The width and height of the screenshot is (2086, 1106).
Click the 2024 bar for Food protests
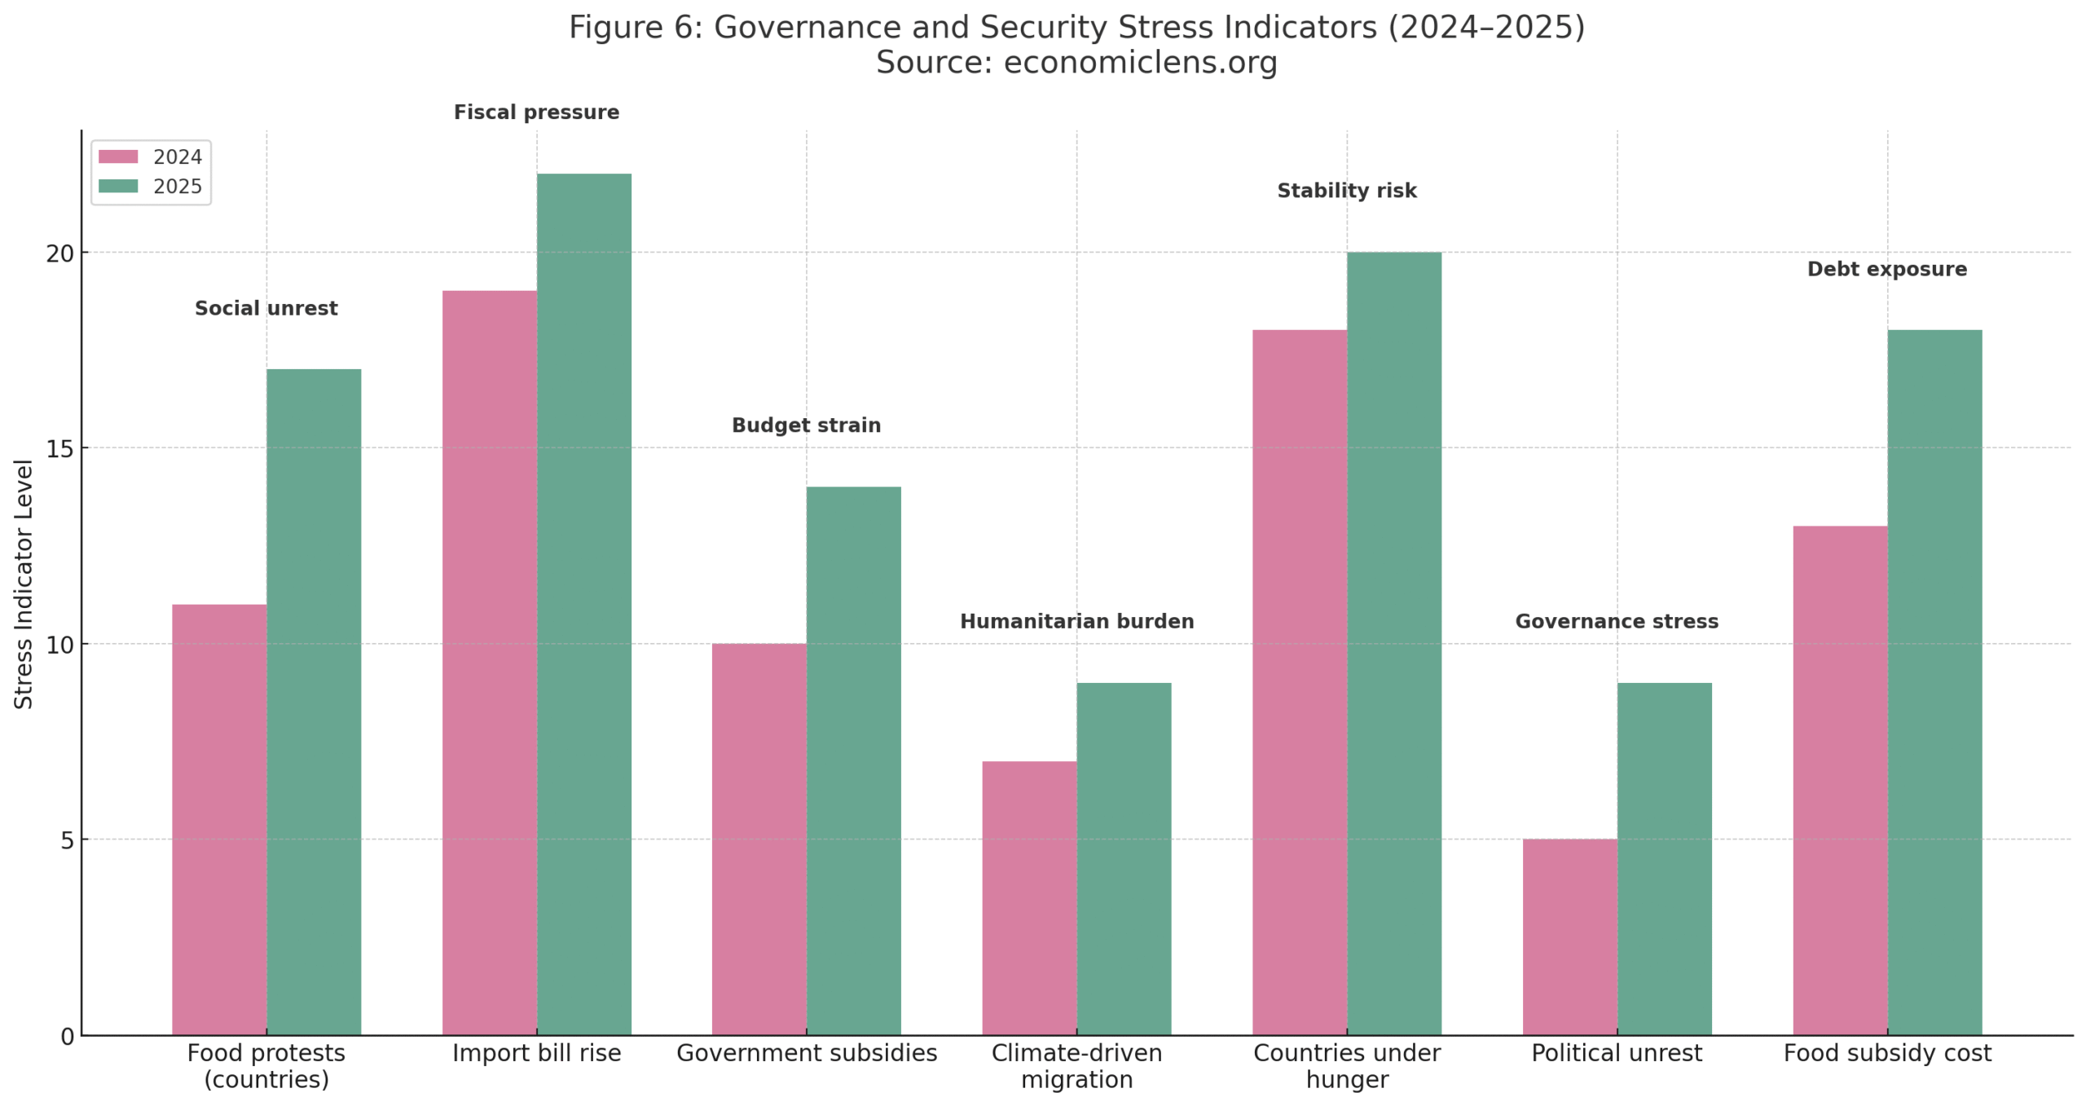219,819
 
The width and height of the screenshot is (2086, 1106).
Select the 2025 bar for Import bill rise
583,603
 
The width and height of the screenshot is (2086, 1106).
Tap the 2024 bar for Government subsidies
759,839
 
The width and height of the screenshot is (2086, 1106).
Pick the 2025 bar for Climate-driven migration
1124,858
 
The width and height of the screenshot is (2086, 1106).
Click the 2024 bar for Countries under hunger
1299,682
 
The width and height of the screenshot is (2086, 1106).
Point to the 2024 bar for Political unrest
1569,936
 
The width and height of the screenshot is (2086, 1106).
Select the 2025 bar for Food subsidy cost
1934,682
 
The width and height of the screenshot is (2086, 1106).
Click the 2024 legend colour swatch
118,156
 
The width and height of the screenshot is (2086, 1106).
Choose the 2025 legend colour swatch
118,187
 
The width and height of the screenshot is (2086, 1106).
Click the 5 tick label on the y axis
67,840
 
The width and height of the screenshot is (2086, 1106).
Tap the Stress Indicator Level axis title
24,584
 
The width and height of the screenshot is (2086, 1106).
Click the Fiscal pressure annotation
536,112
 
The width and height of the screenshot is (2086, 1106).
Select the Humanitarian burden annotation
1076,622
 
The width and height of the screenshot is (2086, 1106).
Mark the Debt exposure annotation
1886,270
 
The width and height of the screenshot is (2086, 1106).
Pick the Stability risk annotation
1346,191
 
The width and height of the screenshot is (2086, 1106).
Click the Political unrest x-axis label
1617,1053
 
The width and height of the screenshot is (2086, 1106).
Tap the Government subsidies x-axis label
807,1053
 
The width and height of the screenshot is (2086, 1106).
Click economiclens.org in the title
1140,63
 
